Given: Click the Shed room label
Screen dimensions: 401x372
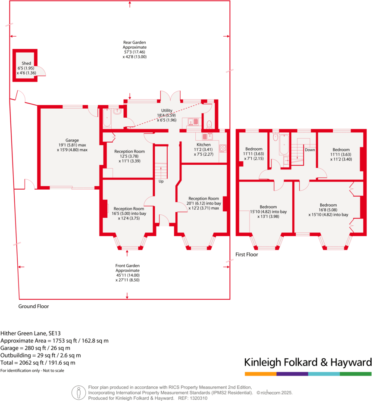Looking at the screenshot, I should click(26, 63).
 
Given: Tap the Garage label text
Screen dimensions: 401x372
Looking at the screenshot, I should click(72, 140).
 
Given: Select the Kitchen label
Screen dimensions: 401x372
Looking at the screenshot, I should click(203, 144).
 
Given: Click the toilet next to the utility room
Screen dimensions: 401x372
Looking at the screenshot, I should click(209, 125).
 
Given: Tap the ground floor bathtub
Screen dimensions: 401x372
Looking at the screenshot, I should click(106, 118).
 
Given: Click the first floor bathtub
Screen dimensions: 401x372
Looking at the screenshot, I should click(284, 145).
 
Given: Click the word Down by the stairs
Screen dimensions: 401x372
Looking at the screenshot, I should click(310, 150).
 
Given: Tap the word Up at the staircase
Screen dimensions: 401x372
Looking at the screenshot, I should click(161, 181).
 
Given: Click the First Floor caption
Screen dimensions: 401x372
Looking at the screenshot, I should click(247, 255).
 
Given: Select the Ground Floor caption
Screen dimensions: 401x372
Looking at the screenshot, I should click(33, 307).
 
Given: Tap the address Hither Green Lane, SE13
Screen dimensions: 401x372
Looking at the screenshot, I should click(30, 333).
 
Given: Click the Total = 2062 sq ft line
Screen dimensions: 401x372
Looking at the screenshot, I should click(38, 363).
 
